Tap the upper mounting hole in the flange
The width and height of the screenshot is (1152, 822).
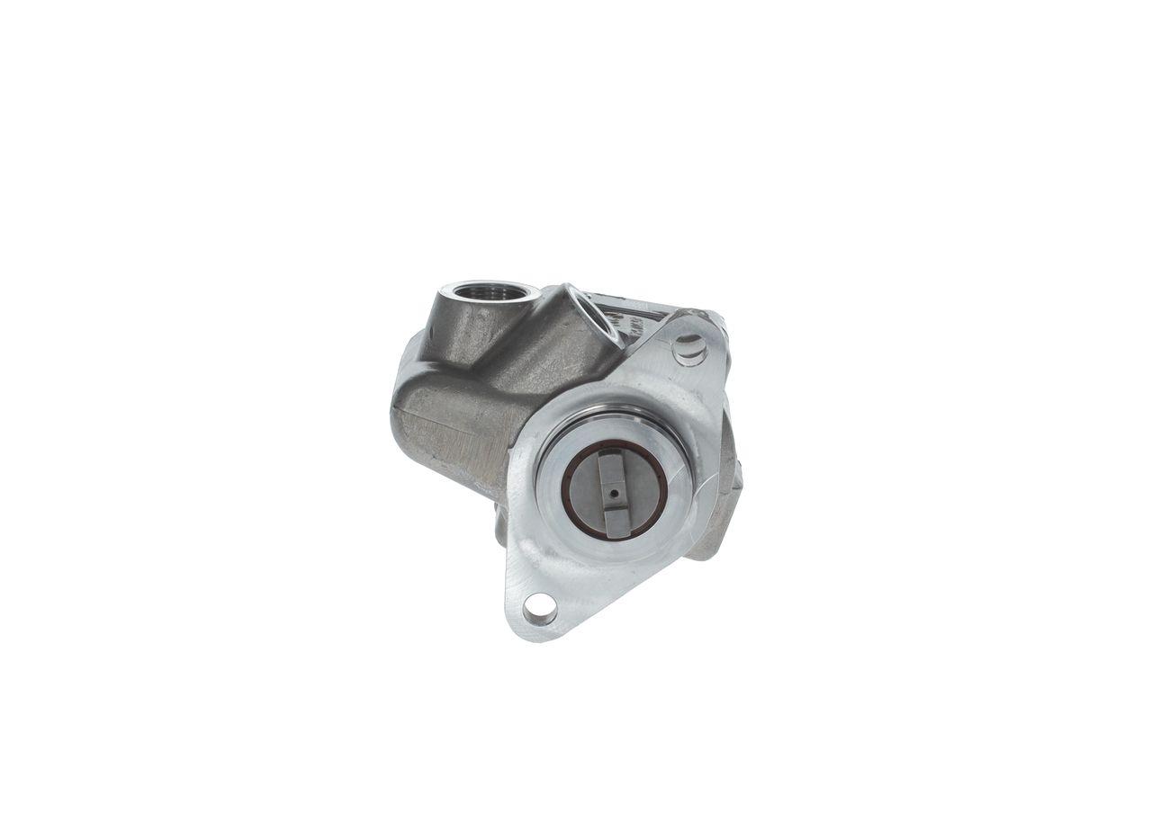point(689,347)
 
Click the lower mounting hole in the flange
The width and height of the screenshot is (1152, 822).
point(539,611)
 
